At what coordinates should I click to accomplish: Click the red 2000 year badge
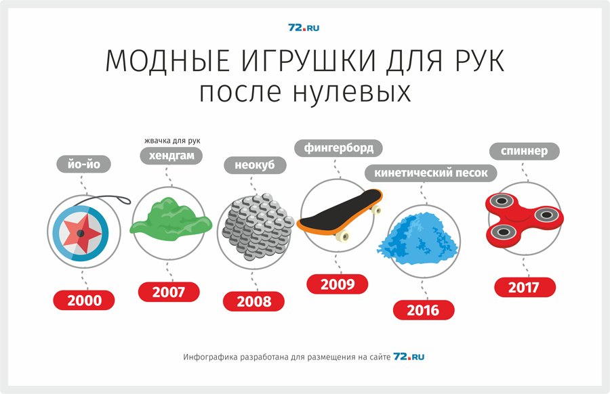[x=84, y=301]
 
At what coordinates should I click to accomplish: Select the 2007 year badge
[x=169, y=292]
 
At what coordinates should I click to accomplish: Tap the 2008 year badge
[x=253, y=301]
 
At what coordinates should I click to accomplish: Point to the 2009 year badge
[x=338, y=284]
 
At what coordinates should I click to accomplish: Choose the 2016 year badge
[x=424, y=310]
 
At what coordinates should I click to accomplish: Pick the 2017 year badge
[x=525, y=287]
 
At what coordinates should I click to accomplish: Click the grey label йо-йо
[x=83, y=164]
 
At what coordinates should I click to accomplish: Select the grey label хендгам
[x=171, y=156]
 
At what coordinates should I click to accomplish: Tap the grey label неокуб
[x=255, y=165]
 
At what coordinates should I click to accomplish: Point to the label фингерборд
[x=338, y=148]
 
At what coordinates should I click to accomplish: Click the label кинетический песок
[x=430, y=173]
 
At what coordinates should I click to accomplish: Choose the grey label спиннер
[x=525, y=151]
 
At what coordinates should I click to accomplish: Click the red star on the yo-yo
[x=81, y=233]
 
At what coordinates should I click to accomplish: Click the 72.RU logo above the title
[x=304, y=28]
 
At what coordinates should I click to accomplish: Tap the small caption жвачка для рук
[x=172, y=141]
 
